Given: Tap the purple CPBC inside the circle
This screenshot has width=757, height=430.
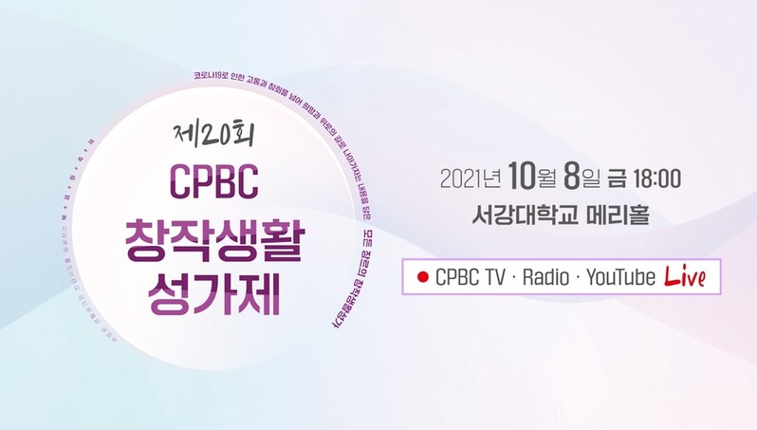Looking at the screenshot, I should pos(213,182).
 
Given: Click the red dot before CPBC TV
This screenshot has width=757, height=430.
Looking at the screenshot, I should pos(422,278).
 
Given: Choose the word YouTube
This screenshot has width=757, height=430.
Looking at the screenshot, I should pos(621,277).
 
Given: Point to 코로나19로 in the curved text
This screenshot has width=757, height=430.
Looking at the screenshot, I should pos(211,73).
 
